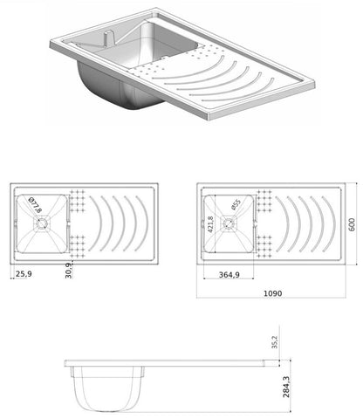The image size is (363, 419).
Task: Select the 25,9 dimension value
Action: click(24, 274)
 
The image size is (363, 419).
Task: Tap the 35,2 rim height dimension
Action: click(275, 342)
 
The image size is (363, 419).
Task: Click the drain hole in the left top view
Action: click(39, 223)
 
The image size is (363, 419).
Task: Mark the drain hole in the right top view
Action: click(229, 223)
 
